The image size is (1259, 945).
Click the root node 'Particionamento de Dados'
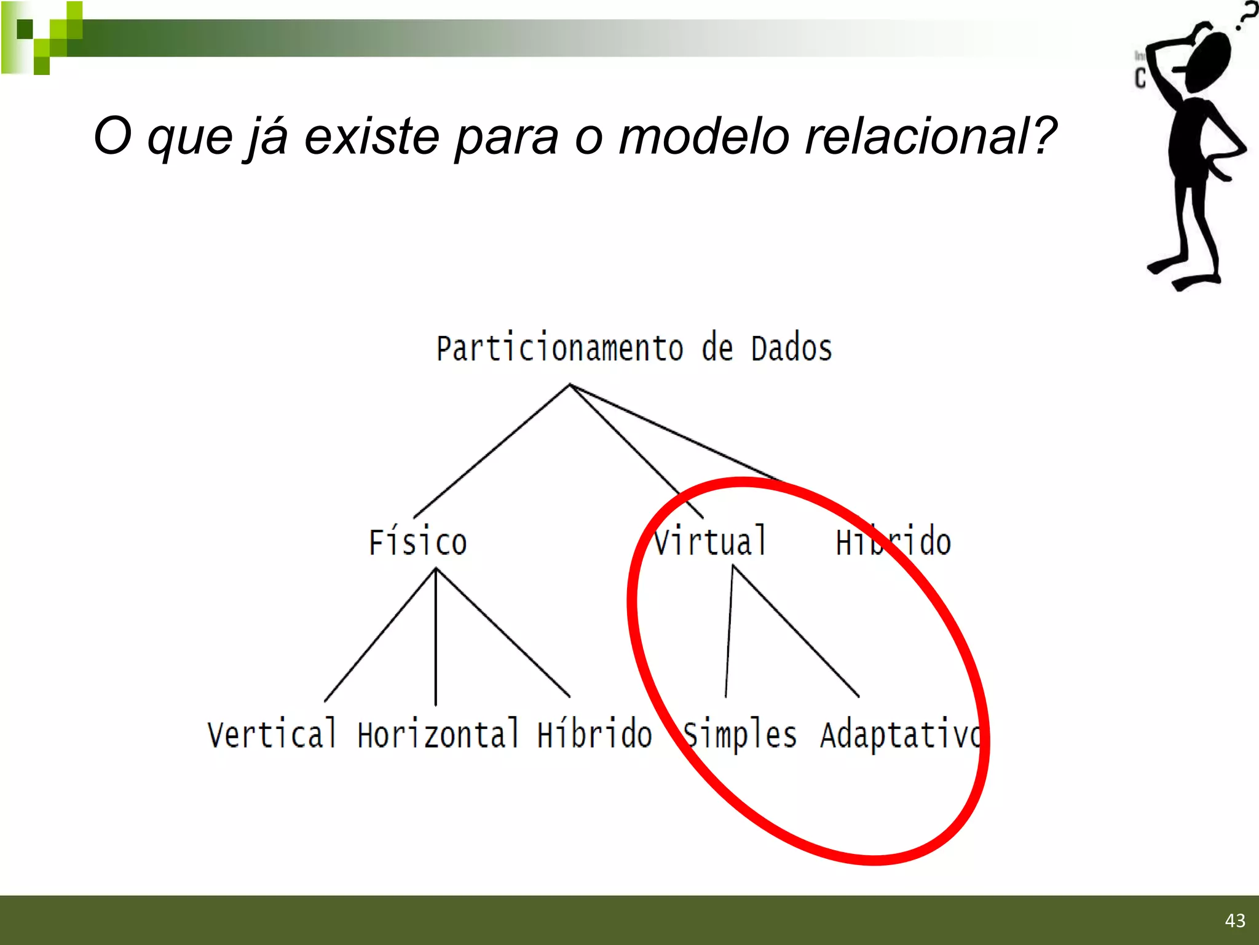[634, 349]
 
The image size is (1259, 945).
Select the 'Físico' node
[418, 543]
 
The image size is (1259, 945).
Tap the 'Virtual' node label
[710, 541]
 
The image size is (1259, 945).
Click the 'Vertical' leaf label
[272, 735]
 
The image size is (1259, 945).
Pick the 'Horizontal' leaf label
[438, 735]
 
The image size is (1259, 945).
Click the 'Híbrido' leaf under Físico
[594, 735]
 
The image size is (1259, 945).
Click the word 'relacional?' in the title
[930, 137]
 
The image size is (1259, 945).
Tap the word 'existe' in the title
[372, 137]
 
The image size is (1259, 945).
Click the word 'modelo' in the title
[703, 137]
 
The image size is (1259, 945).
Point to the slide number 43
[1235, 920]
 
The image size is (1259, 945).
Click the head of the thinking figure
[1209, 62]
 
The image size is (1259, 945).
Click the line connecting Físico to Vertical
[380, 635]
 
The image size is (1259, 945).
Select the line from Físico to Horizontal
[436, 637]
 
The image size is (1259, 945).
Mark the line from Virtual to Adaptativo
[795, 631]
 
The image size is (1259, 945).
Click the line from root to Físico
[492, 451]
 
